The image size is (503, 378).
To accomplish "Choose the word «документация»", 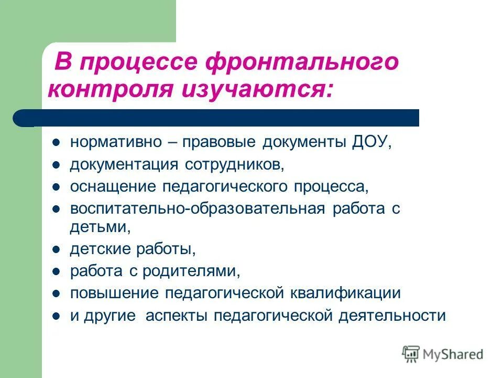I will (x=124, y=165).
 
